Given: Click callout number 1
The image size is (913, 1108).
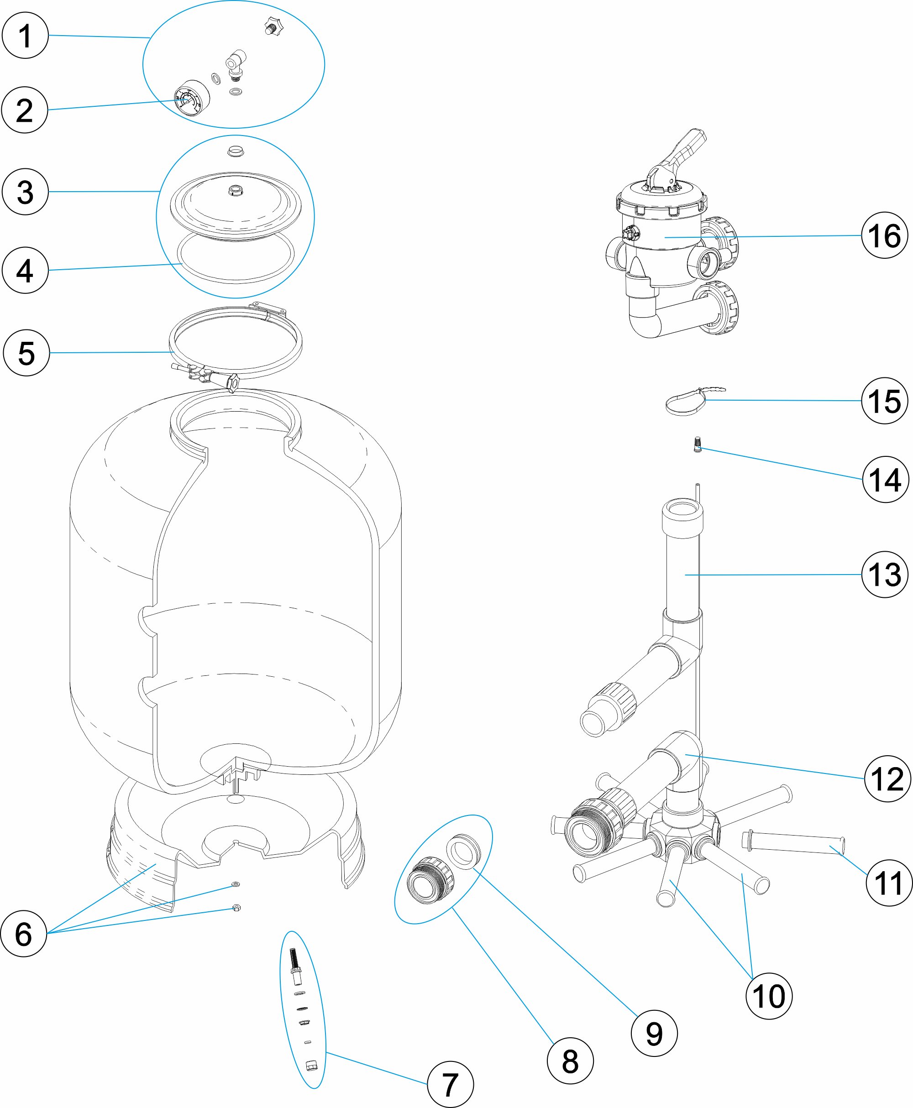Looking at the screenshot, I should [x=25, y=35].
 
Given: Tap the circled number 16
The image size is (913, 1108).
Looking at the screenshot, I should [x=885, y=235].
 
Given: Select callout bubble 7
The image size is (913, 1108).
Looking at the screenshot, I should [x=450, y=1084].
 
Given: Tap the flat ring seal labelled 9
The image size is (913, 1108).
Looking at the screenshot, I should [x=464, y=851].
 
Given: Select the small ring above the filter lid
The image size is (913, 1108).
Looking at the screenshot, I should [x=236, y=152].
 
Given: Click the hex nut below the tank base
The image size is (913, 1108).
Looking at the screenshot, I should [x=236, y=908].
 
